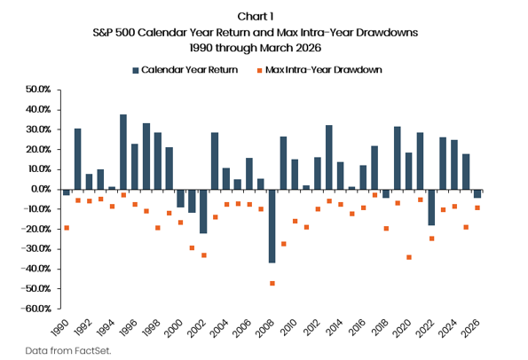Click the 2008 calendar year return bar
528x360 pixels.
[272, 226]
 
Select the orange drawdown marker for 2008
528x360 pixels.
[272, 283]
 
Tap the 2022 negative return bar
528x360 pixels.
[431, 207]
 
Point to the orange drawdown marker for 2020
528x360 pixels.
[409, 257]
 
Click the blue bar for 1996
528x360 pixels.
[135, 167]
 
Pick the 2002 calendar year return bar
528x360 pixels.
[203, 211]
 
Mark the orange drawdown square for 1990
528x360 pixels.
[67, 228]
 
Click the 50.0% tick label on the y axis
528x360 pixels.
[38, 90]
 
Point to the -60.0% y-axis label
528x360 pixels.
[35, 309]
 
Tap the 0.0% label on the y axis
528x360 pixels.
[41, 189]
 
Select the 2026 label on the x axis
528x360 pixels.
[470, 328]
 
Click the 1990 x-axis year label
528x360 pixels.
[60, 328]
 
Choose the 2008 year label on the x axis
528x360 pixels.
[265, 328]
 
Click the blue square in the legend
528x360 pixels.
[136, 70]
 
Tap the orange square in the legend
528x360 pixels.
[260, 70]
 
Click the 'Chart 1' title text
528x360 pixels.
[256, 16]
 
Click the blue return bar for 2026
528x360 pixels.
[477, 193]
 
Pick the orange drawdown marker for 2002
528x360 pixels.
[204, 255]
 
